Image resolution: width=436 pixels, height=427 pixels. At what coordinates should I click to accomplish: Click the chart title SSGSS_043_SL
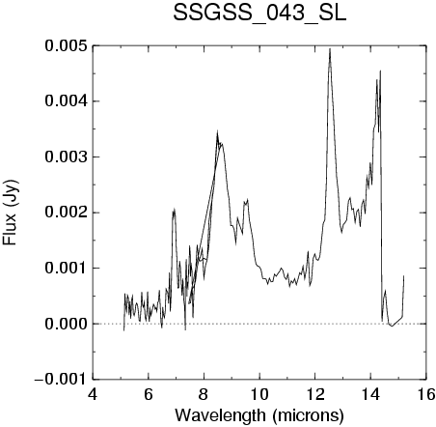coord(259,14)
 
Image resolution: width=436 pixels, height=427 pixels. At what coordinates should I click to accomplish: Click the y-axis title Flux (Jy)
coord(11,213)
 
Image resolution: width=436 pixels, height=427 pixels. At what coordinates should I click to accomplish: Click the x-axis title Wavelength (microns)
coord(259,415)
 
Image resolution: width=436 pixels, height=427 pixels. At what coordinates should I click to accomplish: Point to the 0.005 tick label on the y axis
coord(66,45)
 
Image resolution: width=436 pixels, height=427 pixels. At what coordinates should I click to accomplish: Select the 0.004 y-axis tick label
coord(66,101)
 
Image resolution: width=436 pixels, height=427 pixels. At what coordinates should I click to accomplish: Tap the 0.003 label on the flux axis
coord(66,157)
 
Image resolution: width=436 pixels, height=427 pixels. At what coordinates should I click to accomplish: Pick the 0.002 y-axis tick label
coord(66,213)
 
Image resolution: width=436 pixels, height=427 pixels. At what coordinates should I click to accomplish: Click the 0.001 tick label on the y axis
coord(66,268)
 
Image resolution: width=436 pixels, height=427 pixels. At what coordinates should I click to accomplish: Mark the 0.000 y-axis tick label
coord(66,324)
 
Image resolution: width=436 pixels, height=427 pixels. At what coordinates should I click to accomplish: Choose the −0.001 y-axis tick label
coord(61,380)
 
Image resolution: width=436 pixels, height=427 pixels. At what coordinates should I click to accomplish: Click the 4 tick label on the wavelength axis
coord(93,394)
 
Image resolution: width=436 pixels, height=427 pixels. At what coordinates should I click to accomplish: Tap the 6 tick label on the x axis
coord(149,394)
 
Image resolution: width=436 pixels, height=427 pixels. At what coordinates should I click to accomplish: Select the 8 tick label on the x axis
coord(204,394)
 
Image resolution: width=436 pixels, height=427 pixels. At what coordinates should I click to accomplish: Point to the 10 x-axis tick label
coord(259,394)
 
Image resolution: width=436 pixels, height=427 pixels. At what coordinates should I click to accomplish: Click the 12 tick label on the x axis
coord(315,394)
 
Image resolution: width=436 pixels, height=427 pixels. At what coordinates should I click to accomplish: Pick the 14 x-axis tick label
coord(370,394)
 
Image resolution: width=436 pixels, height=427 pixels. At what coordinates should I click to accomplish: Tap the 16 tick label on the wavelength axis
coord(426,394)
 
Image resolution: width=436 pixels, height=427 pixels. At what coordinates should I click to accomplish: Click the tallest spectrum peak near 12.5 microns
coord(330,49)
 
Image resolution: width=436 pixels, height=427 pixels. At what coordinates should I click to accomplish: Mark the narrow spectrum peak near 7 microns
coord(174,210)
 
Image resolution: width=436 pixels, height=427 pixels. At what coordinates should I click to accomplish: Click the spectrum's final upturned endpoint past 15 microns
coord(403,276)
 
